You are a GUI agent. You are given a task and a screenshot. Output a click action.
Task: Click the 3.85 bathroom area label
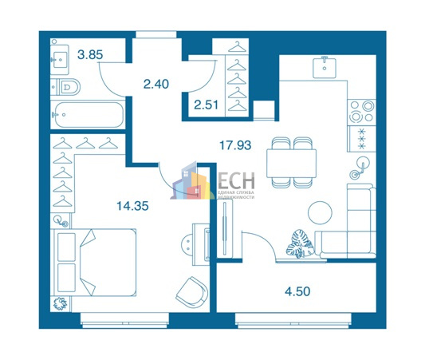pyautogui.click(x=90, y=55)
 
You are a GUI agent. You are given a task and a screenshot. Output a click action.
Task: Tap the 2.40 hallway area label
pyautogui.click(x=156, y=84)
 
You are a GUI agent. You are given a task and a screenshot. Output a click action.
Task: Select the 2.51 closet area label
pyautogui.click(x=206, y=105)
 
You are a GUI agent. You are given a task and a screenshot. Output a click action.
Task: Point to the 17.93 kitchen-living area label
pyautogui.click(x=235, y=145)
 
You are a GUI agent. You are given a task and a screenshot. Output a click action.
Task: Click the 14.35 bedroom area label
pyautogui.click(x=132, y=206)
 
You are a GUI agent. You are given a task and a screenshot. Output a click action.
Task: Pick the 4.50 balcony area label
pyautogui.click(x=297, y=291)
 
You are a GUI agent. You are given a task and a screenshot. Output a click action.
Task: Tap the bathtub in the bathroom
pyautogui.click(x=88, y=115)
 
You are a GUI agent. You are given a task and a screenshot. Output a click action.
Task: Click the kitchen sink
pyautogui.click(x=325, y=67)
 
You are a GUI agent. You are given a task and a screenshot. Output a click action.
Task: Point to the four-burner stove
pyautogui.click(x=361, y=112)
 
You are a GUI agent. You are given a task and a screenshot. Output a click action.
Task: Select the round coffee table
pyautogui.click(x=320, y=212)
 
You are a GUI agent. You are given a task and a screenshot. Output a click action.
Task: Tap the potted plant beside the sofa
pyautogui.click(x=300, y=243)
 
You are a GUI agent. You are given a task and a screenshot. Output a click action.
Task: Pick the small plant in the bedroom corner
pyautogui.click(x=60, y=303)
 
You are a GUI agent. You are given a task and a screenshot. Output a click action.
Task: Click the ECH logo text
pyautogui.click(x=236, y=181)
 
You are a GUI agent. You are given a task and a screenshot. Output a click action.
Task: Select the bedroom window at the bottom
pyautogui.click(x=124, y=320)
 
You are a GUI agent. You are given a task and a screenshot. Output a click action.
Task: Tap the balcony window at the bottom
pyautogui.click(x=293, y=320)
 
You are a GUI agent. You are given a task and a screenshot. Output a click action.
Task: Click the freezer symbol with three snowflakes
pyautogui.click(x=362, y=139)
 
